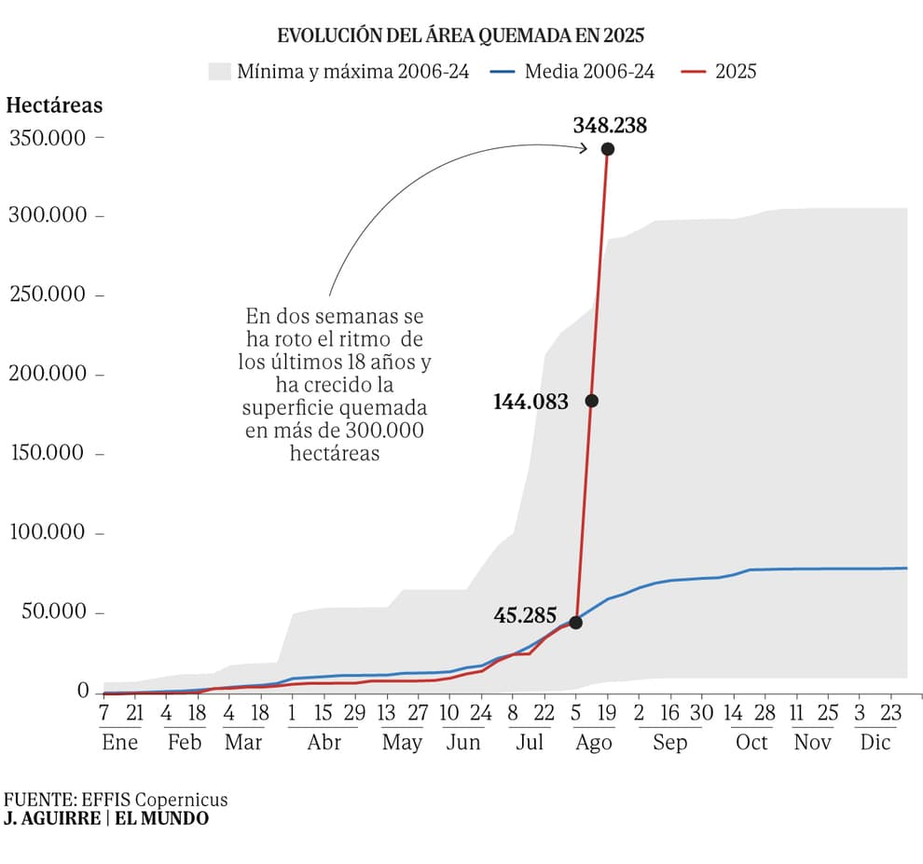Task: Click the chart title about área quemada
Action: [x=461, y=36]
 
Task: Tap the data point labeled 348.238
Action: [x=608, y=149]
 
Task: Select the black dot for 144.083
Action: [x=591, y=401]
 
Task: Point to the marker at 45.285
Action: [x=575, y=623]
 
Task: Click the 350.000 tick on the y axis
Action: [x=48, y=138]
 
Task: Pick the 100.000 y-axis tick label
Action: [x=48, y=533]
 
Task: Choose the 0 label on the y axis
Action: [x=83, y=691]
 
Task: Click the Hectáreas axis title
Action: [x=54, y=104]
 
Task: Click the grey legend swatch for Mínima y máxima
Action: [x=219, y=71]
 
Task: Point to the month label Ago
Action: [x=594, y=742]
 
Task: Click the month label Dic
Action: [x=875, y=742]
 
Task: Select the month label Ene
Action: [x=119, y=742]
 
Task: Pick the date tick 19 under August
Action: [x=608, y=713]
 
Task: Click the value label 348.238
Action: [x=610, y=125]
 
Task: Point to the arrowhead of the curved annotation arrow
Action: [x=585, y=147]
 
